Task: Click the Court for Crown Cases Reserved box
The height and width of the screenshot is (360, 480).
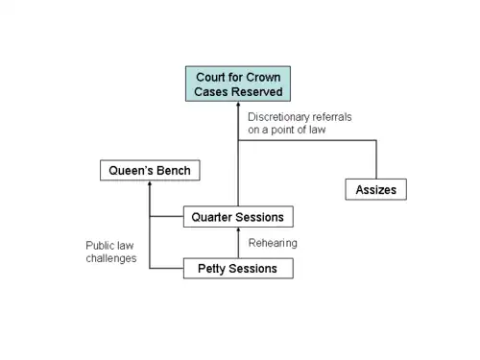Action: point(238,84)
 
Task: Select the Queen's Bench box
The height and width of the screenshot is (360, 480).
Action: point(150,170)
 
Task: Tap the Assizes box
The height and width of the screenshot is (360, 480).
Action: point(376,189)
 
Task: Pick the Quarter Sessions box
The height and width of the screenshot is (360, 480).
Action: point(238,217)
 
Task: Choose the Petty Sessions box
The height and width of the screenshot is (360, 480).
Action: point(238,268)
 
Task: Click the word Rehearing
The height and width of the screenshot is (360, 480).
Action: point(273,243)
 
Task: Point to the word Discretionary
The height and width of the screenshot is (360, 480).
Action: point(277,117)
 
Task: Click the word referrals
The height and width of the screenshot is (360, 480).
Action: point(332,117)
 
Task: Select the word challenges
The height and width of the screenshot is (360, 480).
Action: point(111,258)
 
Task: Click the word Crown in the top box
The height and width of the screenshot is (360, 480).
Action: point(263,77)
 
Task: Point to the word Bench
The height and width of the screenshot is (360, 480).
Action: point(174,170)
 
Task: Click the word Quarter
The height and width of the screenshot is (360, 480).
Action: point(212,217)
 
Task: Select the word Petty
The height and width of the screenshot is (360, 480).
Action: point(211,269)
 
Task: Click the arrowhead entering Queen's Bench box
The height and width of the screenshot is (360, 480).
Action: point(150,183)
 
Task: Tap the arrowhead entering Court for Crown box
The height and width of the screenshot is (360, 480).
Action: point(238,104)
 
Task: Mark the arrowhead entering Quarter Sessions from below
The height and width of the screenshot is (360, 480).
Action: point(238,229)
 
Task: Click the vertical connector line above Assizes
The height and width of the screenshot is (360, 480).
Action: point(376,159)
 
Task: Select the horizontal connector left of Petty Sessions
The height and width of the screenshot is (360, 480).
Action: point(166,268)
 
